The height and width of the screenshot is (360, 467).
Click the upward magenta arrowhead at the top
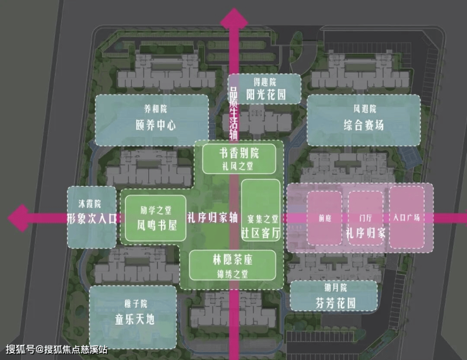[x=233, y=18]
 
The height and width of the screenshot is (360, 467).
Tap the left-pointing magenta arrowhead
[x=18, y=218]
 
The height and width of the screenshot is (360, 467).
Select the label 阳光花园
[x=266, y=95]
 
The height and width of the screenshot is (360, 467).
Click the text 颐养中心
[x=156, y=125]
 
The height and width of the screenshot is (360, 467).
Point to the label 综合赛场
[x=364, y=125]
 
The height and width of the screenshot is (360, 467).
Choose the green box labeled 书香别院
[x=239, y=159]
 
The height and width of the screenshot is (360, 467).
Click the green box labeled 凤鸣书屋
[x=155, y=218]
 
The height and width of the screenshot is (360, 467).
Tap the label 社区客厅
[x=261, y=233]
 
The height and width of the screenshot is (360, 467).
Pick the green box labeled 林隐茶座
[x=233, y=265]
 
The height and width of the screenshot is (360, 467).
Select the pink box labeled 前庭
[x=324, y=218]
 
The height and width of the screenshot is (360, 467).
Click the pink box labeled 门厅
[x=365, y=218]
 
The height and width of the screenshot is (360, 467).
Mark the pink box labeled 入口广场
[x=407, y=217]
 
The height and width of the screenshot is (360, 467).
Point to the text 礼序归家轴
[x=212, y=218]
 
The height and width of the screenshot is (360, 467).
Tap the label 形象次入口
[x=92, y=219]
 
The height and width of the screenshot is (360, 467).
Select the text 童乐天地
[x=135, y=320]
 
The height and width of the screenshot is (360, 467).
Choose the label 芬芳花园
[x=336, y=303]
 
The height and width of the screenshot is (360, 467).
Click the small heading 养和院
[x=156, y=109]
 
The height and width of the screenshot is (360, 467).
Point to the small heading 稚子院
[x=136, y=304]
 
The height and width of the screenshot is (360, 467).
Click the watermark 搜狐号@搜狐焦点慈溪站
[x=57, y=349]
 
